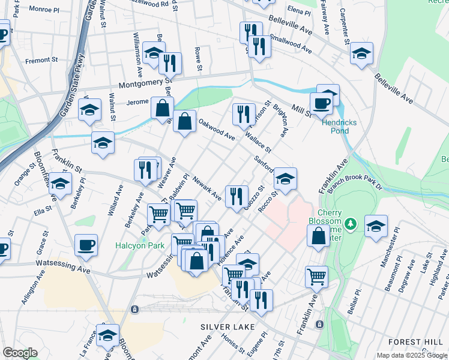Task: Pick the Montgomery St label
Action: (x=145, y=84)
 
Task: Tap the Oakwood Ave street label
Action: (x=217, y=130)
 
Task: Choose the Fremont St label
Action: (x=41, y=60)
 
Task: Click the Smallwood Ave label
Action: (x=291, y=43)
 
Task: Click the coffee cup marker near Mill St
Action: (x=321, y=103)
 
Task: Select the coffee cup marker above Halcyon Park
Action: (x=86, y=245)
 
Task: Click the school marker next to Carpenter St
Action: (x=361, y=53)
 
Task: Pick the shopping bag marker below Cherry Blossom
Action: (x=318, y=236)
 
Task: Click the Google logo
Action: (x=20, y=353)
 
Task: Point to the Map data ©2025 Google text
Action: (x=411, y=355)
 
